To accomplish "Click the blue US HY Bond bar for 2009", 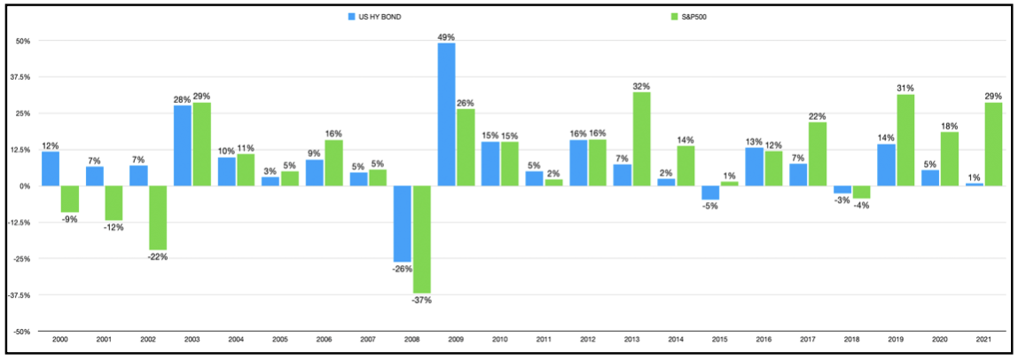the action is pos(447,114).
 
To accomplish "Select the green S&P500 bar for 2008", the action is pos(422,239).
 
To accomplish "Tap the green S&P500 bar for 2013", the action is pos(642,139).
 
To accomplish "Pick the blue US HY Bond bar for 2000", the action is pos(51,168).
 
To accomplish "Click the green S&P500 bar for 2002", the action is pos(158,218).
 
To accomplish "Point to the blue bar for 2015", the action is pos(710,192).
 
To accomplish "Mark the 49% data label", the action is pos(447,37).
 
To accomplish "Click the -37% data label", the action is pos(422,300).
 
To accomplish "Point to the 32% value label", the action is pos(642,86).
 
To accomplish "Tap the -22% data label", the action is pos(158,257).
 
